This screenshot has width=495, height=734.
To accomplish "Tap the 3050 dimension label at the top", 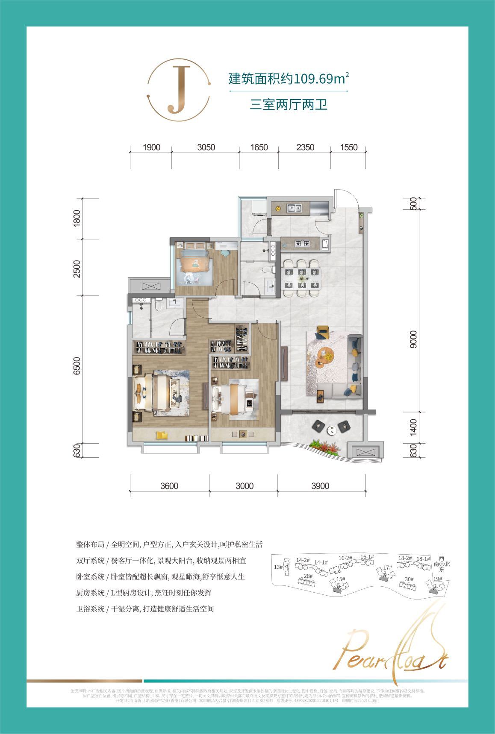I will tap(206, 147).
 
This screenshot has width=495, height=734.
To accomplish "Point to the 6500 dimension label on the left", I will tap(77, 366).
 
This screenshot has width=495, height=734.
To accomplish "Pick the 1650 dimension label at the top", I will tap(259, 147).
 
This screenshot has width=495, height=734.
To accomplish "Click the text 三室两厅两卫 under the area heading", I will tap(289, 105).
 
